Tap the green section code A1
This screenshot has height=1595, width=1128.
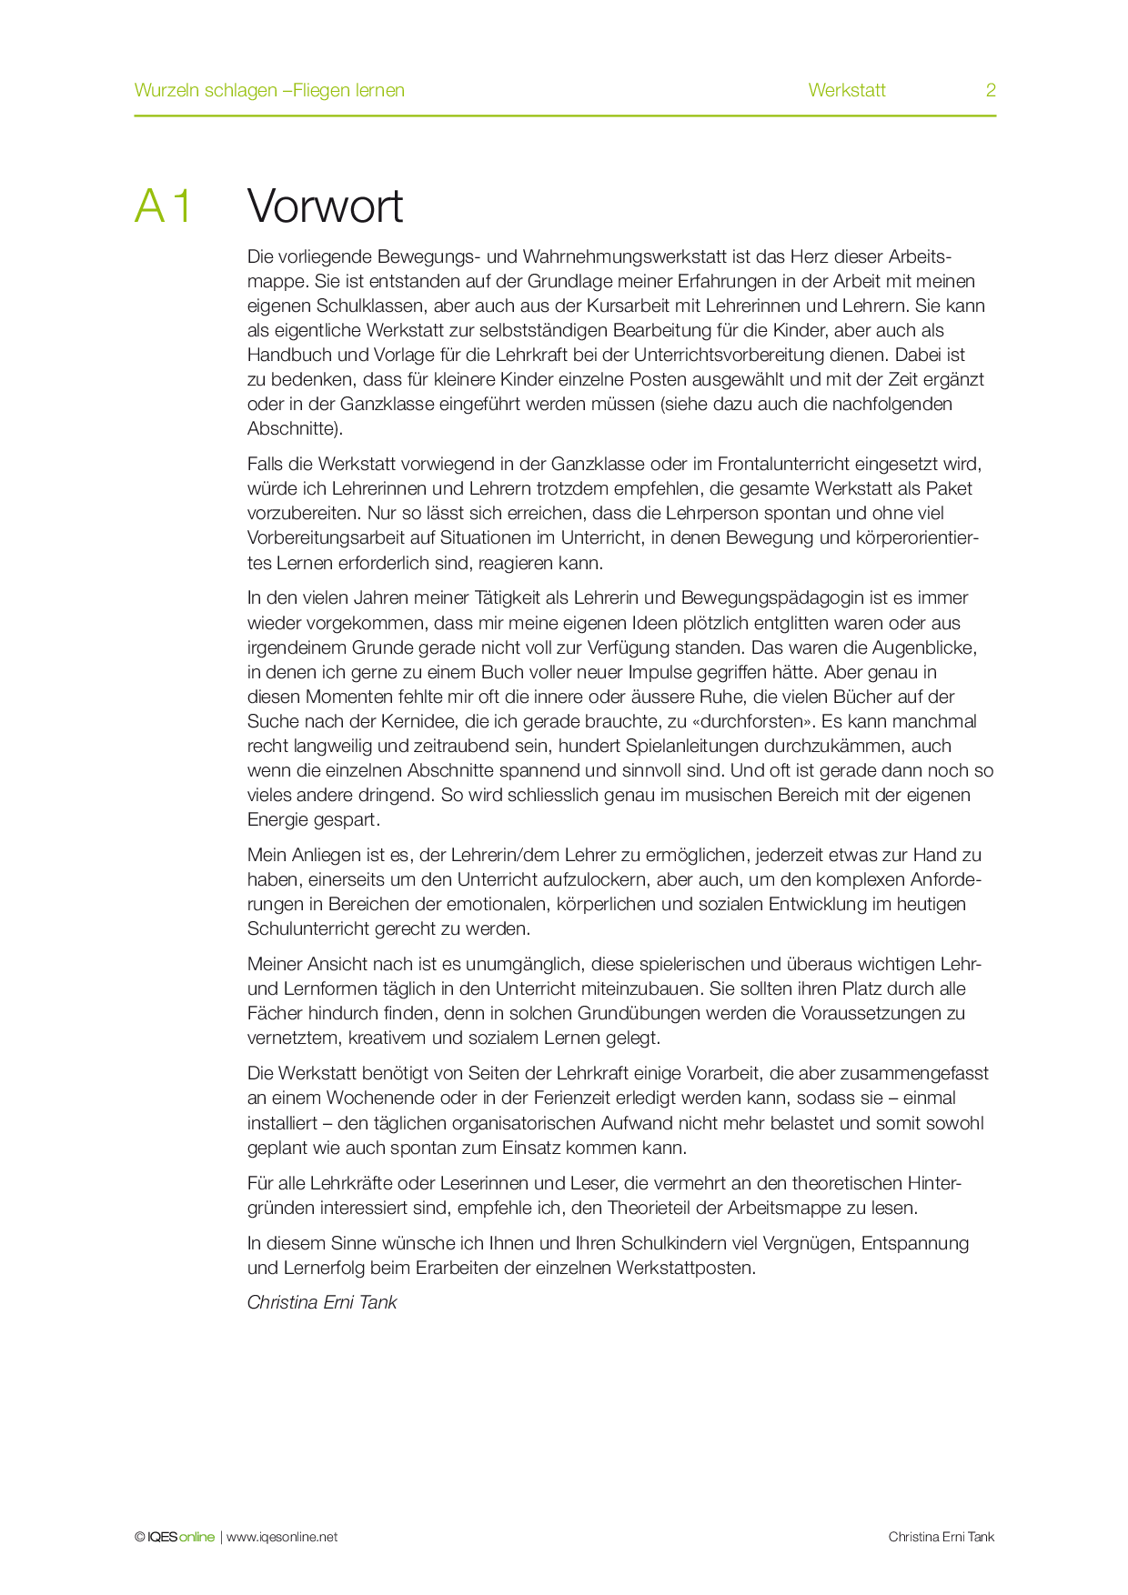(x=164, y=206)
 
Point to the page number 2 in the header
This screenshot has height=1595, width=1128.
(x=991, y=90)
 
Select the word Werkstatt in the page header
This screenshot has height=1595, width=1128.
(x=846, y=90)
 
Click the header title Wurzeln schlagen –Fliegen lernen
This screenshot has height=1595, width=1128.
(x=269, y=90)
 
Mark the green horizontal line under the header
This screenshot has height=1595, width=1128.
(x=564, y=115)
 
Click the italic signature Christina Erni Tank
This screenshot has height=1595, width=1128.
(x=322, y=1302)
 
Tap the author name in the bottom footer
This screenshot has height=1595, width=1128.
(x=941, y=1537)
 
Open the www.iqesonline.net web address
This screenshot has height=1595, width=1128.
(x=282, y=1537)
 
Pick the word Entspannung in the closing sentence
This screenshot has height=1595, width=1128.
(x=914, y=1243)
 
